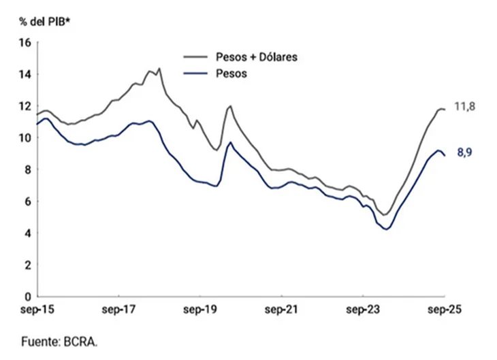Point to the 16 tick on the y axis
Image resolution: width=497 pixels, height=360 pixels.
[x=25, y=42]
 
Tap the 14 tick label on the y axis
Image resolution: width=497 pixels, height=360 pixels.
[x=25, y=74]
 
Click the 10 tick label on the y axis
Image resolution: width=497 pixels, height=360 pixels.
[x=25, y=137]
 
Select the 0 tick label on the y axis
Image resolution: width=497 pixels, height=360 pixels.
[x=28, y=297]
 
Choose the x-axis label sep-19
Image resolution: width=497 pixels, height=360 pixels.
[x=199, y=310]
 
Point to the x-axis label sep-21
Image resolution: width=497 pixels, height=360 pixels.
[x=280, y=310]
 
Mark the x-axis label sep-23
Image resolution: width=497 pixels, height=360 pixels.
[x=362, y=310]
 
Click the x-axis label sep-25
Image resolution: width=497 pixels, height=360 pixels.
[x=443, y=310]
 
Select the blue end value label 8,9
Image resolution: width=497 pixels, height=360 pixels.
[x=464, y=153]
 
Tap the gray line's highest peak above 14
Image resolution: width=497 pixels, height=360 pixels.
[x=159, y=68]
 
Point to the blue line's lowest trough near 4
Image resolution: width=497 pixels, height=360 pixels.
[x=387, y=229]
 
